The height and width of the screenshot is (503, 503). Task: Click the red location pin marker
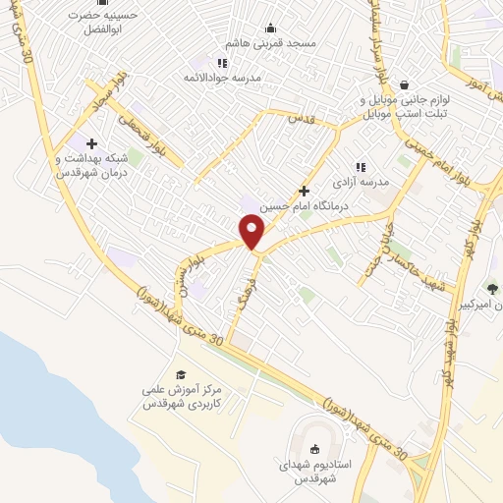coord(252,232)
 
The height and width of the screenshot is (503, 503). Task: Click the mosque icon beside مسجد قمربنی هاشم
coord(270,28)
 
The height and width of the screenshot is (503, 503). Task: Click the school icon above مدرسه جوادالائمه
coord(222,62)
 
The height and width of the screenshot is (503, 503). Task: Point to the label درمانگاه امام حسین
coord(304,206)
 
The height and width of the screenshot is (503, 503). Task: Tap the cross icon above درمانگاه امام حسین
coord(304,192)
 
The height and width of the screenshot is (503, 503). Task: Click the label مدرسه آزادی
coord(361,183)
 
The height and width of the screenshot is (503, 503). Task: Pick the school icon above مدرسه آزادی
coord(361,168)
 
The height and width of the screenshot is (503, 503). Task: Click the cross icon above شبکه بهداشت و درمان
coord(91,143)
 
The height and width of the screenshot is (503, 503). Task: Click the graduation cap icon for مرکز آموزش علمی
coord(180,374)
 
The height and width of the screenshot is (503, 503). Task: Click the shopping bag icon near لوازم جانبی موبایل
coord(404,85)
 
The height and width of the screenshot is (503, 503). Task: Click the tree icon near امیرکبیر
coord(491,288)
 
